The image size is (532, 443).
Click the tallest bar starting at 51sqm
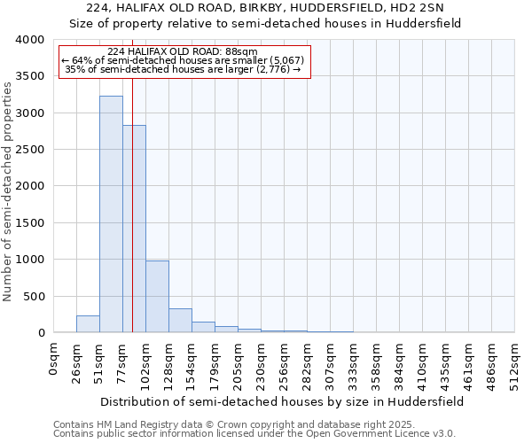[111, 214]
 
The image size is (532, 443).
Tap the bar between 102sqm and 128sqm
[157, 296]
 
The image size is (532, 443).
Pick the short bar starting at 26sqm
[88, 324]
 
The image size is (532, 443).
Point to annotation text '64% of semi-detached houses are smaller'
[184, 60]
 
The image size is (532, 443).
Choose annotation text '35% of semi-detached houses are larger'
[184, 69]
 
